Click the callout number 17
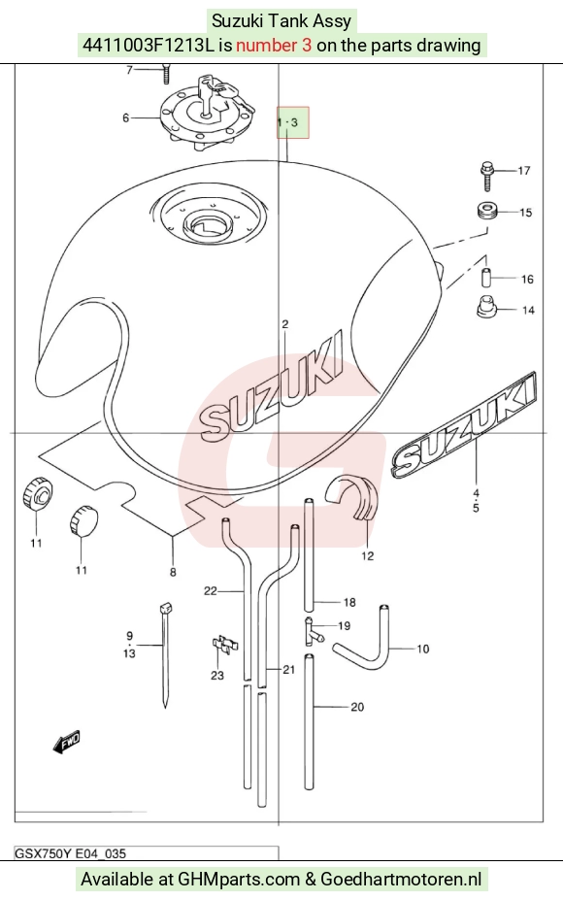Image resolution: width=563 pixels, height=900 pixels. click(523, 171)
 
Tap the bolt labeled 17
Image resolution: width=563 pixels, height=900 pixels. click(487, 176)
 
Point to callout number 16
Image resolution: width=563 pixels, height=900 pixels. click(527, 280)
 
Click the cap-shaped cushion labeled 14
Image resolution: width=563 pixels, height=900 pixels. click(486, 306)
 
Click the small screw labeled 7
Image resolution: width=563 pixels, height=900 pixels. click(166, 74)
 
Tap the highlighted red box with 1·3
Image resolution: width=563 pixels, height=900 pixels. click(293, 122)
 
